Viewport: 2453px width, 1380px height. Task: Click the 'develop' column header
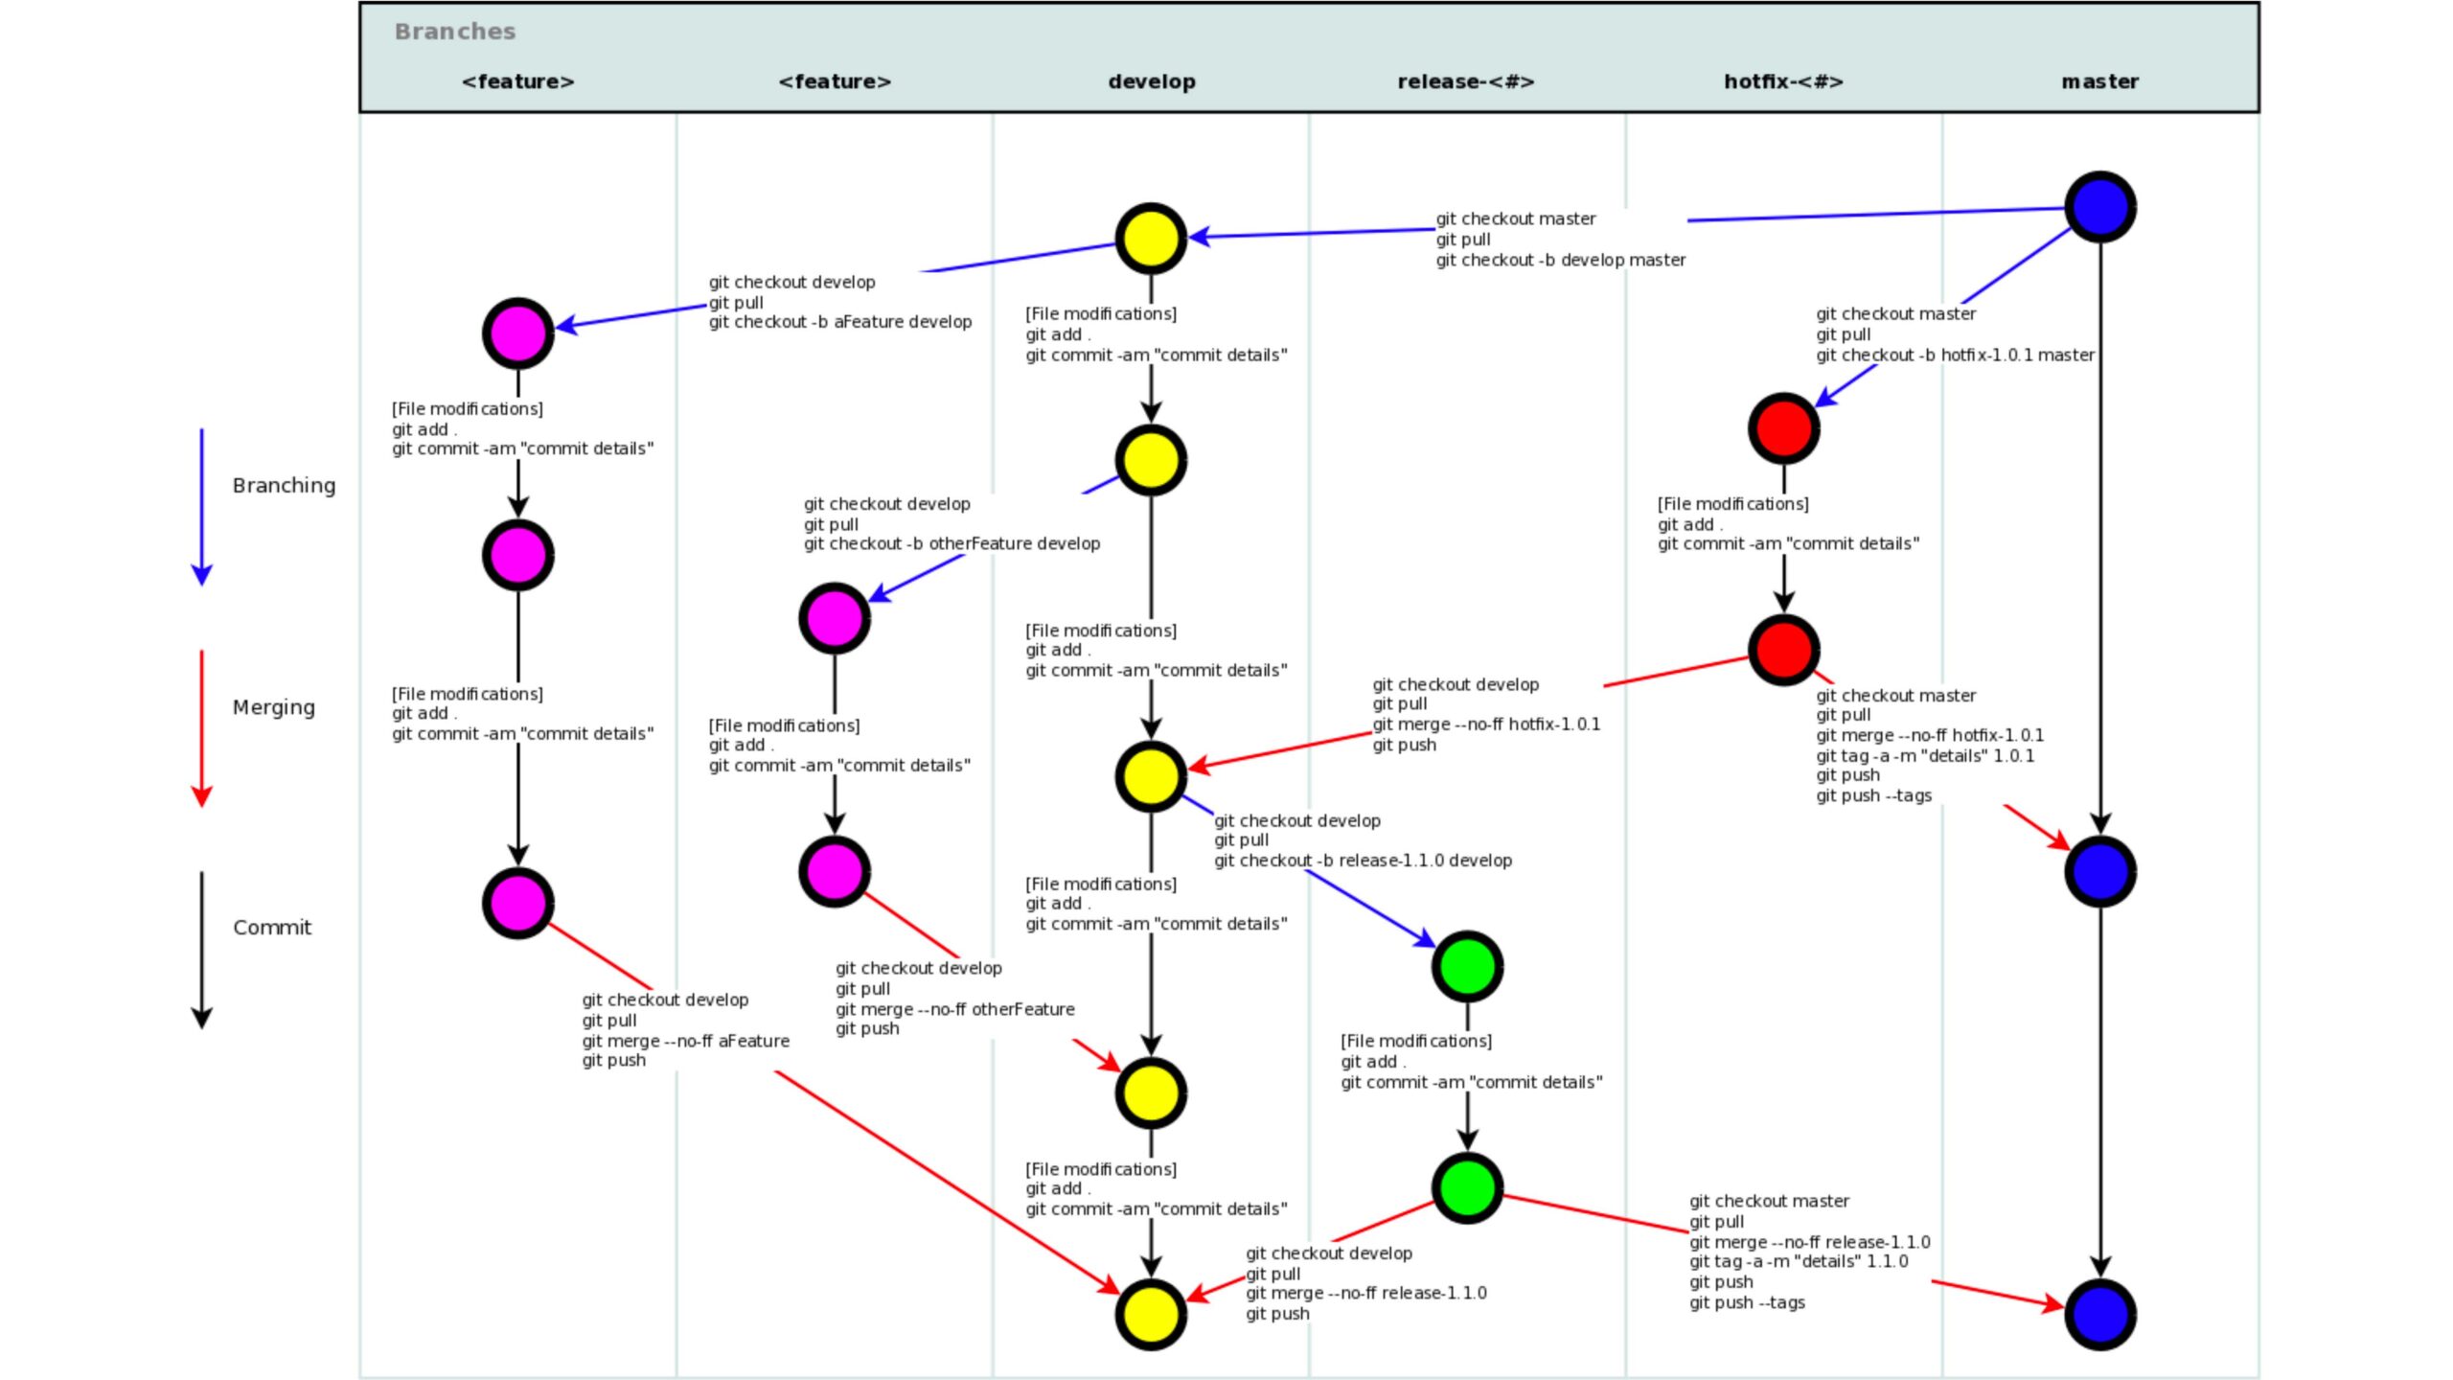click(x=1151, y=81)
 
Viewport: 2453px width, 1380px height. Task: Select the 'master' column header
click(x=2099, y=81)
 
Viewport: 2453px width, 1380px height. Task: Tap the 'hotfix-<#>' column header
click(x=1783, y=81)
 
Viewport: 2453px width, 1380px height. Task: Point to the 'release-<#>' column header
click(x=1466, y=81)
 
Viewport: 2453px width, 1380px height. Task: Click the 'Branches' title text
click(x=455, y=32)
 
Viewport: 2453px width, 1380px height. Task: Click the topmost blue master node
click(x=2099, y=207)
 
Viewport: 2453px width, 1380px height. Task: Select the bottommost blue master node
click(x=2099, y=1314)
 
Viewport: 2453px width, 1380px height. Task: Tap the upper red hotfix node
click(x=1783, y=428)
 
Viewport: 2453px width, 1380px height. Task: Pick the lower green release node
click(x=1467, y=1187)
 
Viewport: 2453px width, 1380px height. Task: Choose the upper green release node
click(x=1467, y=966)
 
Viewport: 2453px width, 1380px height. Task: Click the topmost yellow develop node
click(x=1151, y=239)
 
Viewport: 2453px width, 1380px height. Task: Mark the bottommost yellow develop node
click(x=1151, y=1314)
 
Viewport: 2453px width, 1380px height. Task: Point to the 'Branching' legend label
click(x=284, y=486)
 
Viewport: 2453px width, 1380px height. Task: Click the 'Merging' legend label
click(x=273, y=707)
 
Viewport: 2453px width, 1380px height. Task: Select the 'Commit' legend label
click(x=272, y=928)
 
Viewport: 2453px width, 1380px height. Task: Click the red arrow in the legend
click(x=201, y=728)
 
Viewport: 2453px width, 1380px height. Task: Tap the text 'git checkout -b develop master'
click(x=1560, y=260)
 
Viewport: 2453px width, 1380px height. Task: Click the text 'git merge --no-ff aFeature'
click(x=686, y=1041)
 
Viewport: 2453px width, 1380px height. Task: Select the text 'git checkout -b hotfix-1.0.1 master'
click(x=1955, y=355)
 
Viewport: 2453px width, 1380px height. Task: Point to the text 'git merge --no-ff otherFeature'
click(x=954, y=1009)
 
